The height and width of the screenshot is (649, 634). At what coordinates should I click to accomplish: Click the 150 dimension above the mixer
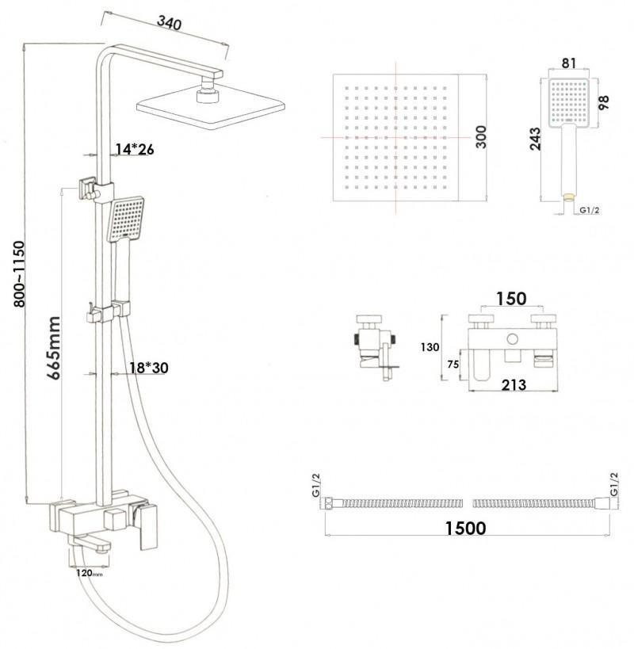click(510, 299)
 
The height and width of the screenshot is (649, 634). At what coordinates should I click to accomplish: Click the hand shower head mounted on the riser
click(126, 220)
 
